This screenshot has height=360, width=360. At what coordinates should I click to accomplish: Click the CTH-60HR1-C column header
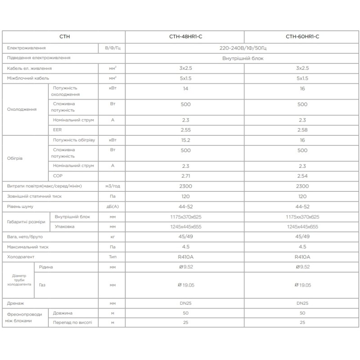point(302,36)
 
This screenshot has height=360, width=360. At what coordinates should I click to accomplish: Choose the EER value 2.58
point(302,130)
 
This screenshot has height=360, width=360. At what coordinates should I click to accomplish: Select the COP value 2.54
point(302,175)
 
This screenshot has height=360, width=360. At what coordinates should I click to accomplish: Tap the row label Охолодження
point(22,109)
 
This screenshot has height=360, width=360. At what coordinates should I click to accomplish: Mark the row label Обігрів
point(16,158)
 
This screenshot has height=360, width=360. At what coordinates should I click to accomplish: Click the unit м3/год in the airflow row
point(112,186)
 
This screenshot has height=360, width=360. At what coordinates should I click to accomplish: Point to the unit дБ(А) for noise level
point(112,207)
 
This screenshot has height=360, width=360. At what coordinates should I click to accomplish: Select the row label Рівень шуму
point(21,207)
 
